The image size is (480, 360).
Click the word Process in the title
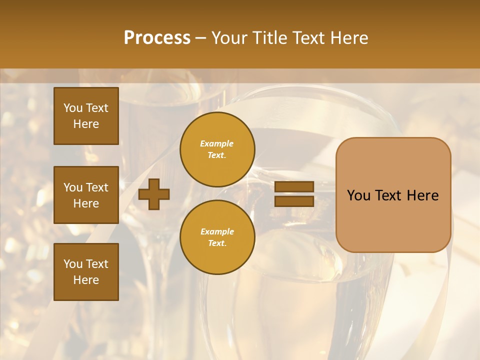point(157,38)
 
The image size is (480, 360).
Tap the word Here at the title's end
point(348,38)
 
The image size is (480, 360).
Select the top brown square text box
point(86,116)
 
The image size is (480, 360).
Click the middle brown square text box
point(86,195)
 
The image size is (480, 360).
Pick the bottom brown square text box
point(86,272)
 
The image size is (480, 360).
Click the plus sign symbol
point(154,194)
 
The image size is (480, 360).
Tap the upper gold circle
point(217,149)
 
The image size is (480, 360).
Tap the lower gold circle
point(217,237)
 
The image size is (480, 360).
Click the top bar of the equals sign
point(294,186)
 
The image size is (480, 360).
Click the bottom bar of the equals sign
point(294,201)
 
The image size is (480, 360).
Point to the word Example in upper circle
point(217,143)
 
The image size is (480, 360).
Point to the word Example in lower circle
point(217,231)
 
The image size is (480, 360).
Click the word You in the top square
point(73,108)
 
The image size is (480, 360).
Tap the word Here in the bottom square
point(86,280)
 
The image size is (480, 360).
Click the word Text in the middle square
point(97,187)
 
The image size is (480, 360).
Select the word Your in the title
point(229,38)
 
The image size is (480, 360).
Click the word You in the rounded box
point(358,195)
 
